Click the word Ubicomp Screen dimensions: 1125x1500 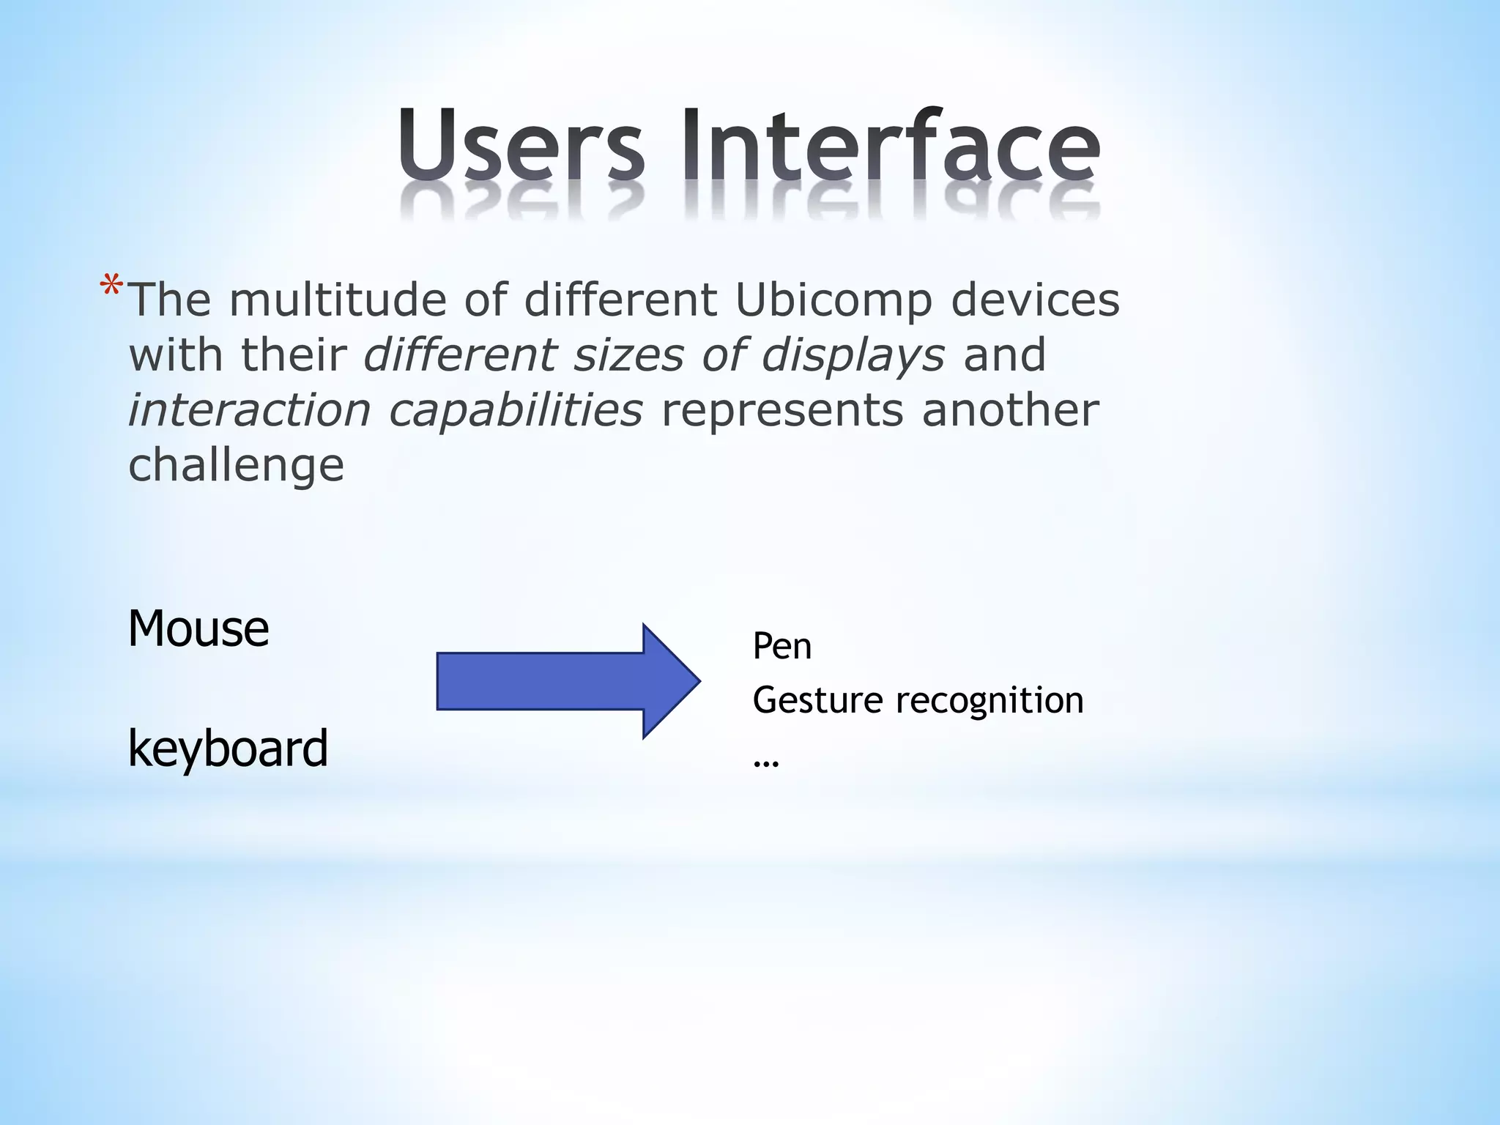pos(833,301)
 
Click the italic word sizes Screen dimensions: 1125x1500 pos(628,354)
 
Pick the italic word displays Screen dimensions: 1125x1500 pos(853,356)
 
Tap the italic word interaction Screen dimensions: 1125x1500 pos(250,409)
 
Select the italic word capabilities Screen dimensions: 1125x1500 pos(516,411)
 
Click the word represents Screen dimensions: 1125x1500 pos(782,411)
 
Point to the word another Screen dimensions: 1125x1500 pos(1010,409)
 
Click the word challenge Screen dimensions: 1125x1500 pos(236,466)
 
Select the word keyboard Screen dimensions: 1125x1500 pos(228,749)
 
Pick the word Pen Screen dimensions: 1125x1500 pos(781,647)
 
